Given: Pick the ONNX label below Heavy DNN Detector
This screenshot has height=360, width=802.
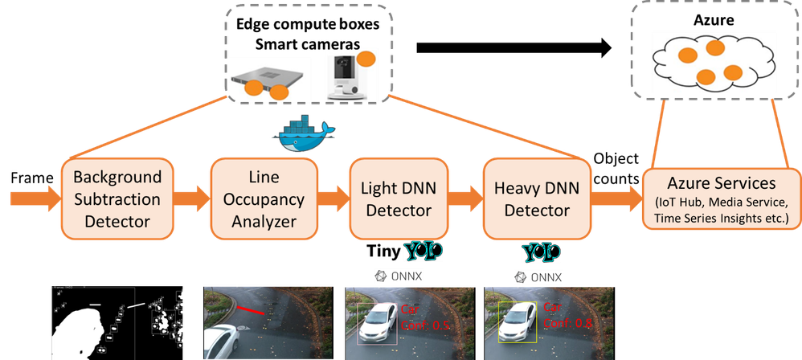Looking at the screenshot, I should pyautogui.click(x=538, y=277).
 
